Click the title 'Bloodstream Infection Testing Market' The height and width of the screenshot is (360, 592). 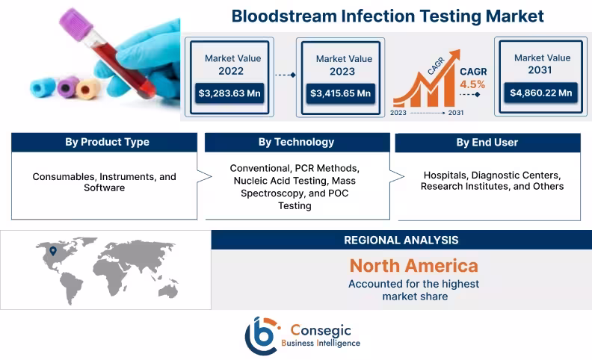click(x=387, y=16)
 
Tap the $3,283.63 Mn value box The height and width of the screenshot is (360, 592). click(x=230, y=93)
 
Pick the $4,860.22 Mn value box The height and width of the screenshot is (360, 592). click(x=541, y=93)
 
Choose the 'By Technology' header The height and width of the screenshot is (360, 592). click(x=296, y=143)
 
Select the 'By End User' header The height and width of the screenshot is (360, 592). click(x=487, y=143)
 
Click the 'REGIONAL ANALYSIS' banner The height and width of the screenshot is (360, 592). click(x=401, y=240)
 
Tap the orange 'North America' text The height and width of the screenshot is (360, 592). click(x=413, y=265)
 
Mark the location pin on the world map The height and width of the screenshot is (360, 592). click(x=52, y=251)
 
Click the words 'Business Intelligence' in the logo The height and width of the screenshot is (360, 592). click(x=321, y=343)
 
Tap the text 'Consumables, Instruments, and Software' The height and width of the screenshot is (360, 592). click(x=105, y=182)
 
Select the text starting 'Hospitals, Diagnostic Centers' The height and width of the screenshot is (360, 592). click(x=492, y=180)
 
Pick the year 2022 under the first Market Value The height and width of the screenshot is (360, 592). click(x=231, y=72)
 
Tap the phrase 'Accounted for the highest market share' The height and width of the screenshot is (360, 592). click(x=413, y=290)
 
